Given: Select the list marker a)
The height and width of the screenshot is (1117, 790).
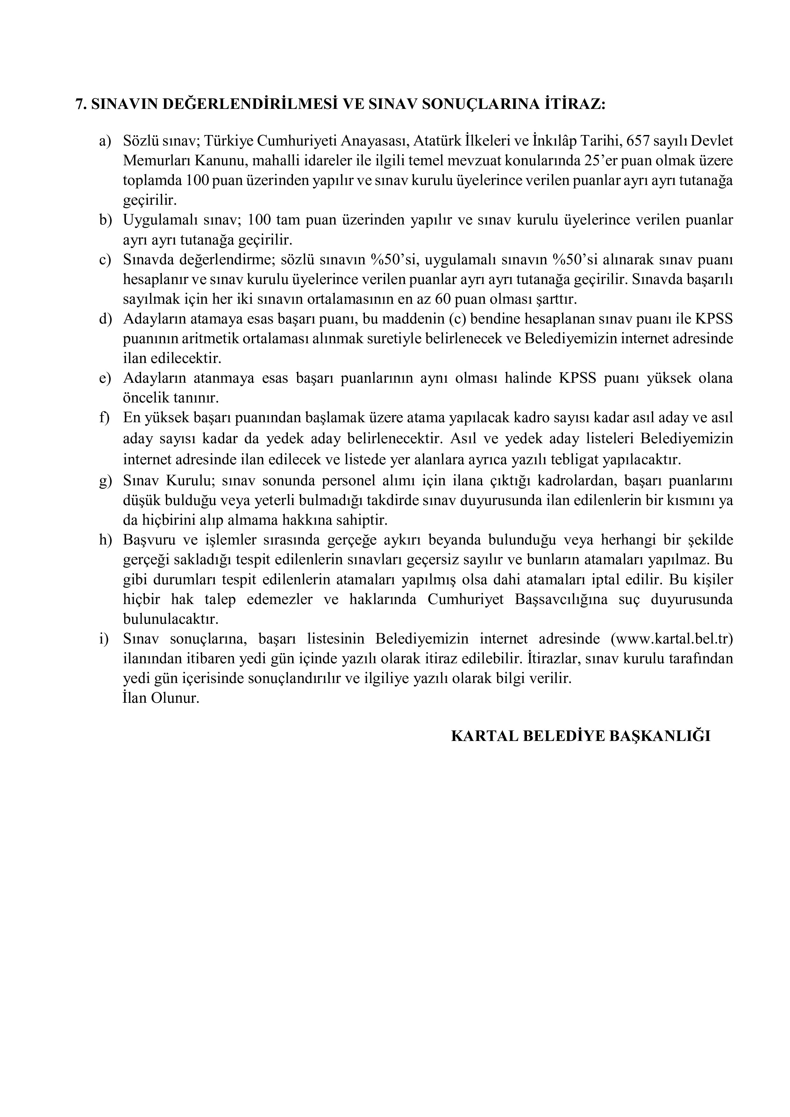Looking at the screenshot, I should click(105, 141).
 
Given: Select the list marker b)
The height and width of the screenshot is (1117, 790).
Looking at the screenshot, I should click(105, 220).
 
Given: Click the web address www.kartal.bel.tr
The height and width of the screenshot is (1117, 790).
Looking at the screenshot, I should click(671, 639).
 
